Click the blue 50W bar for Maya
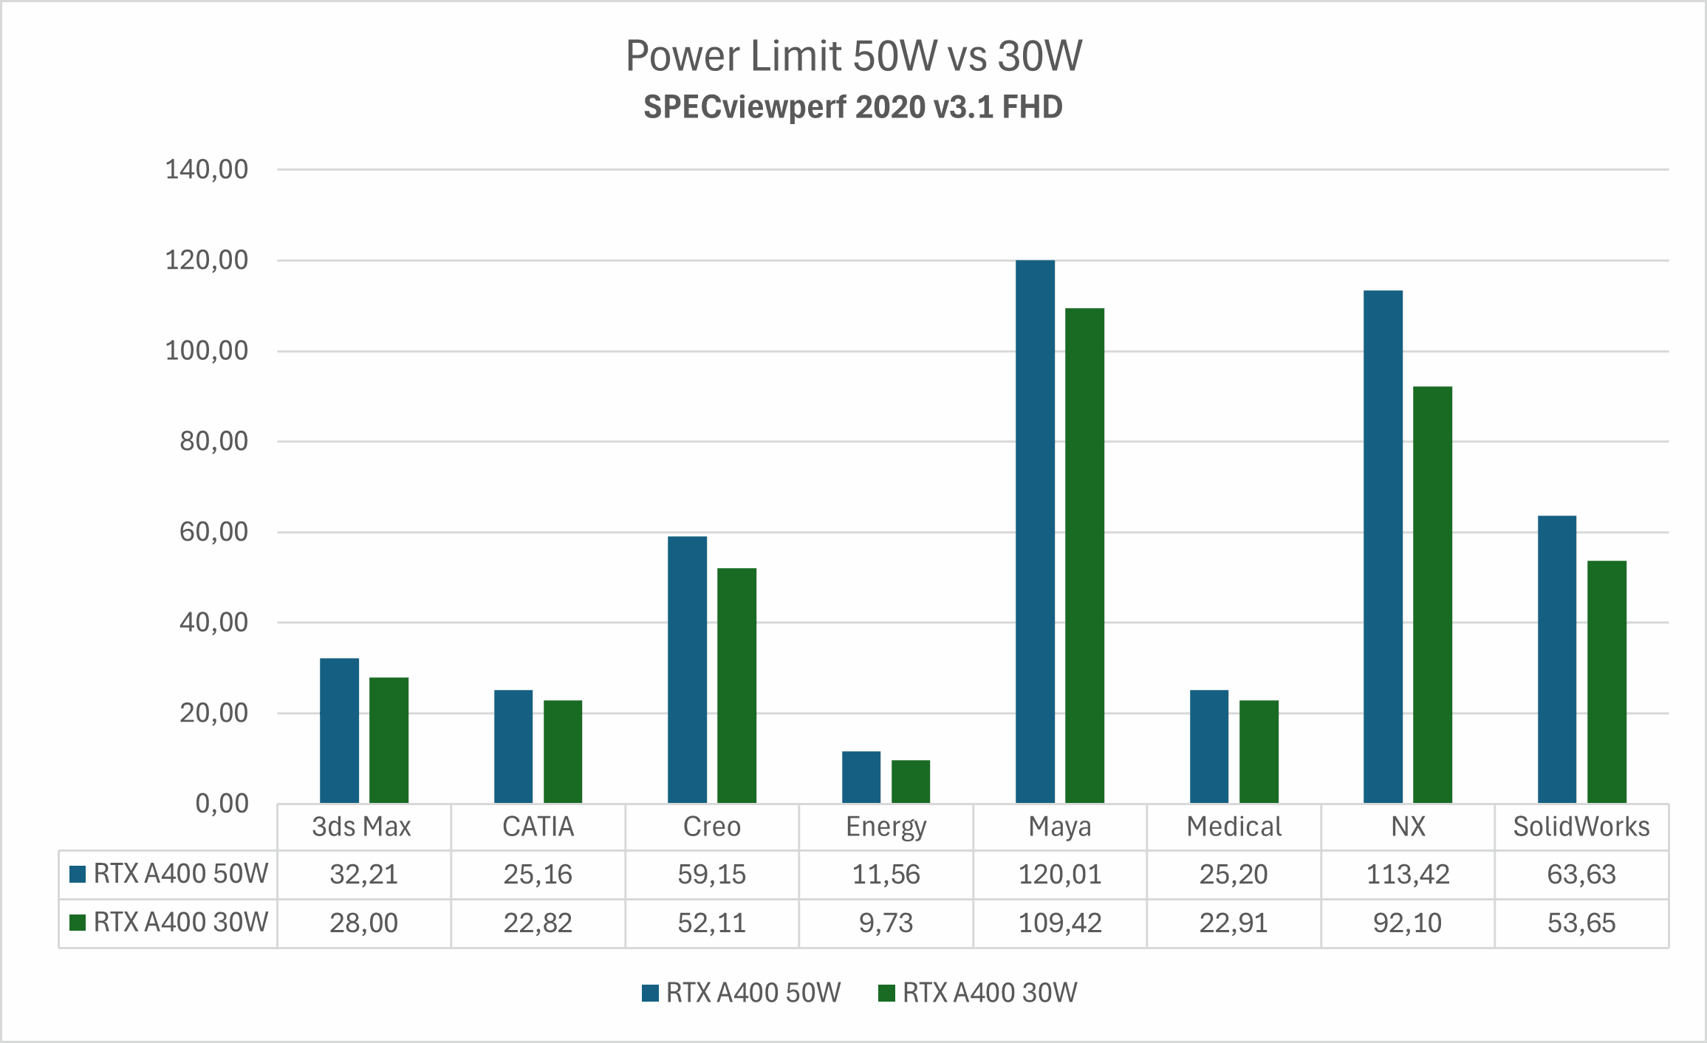(x=1035, y=532)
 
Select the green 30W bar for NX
(x=1432, y=595)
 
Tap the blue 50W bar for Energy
(x=861, y=777)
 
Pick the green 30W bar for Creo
(x=736, y=685)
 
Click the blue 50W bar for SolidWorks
(x=1557, y=659)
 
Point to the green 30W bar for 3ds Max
(x=389, y=740)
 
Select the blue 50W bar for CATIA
(x=513, y=746)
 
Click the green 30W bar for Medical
(x=1259, y=751)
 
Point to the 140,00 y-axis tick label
(x=207, y=170)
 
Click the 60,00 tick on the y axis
(x=214, y=532)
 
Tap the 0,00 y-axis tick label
(x=222, y=804)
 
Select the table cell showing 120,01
(x=1060, y=875)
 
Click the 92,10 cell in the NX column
(x=1407, y=923)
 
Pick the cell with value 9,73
(x=886, y=923)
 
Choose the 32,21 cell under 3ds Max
(x=363, y=875)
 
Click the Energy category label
(x=886, y=827)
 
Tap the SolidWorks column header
(x=1581, y=827)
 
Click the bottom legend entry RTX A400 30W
(x=979, y=993)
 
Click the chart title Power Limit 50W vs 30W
(x=853, y=56)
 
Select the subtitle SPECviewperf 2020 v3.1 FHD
(x=853, y=108)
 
